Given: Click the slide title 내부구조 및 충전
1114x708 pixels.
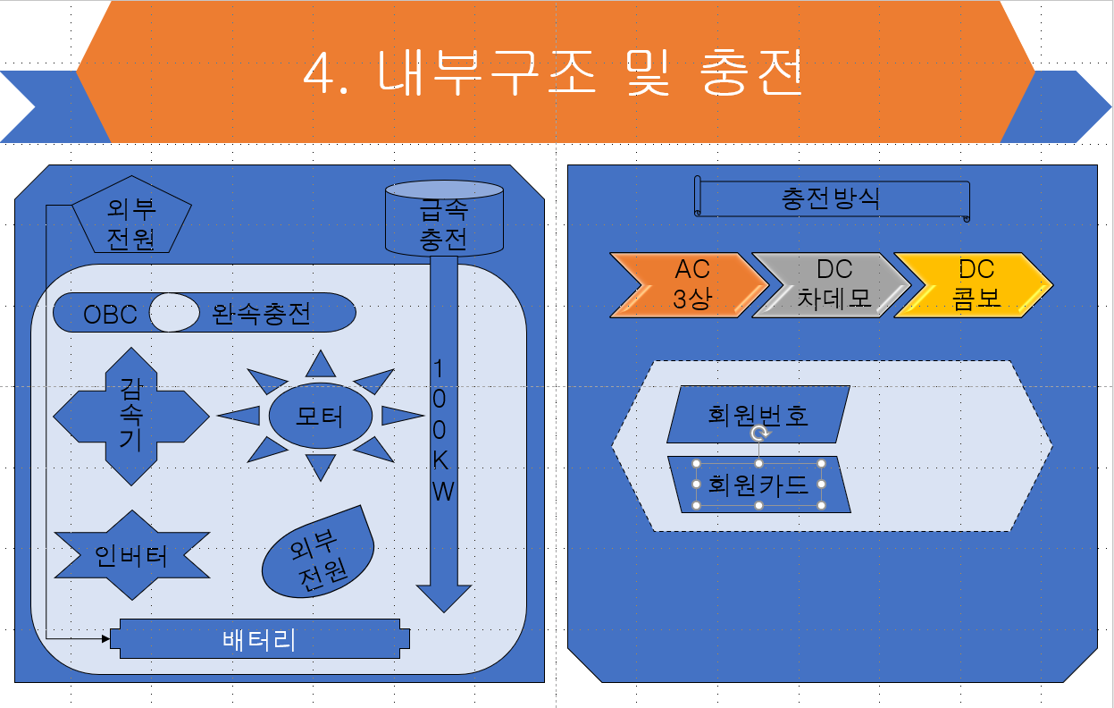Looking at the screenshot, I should [554, 73].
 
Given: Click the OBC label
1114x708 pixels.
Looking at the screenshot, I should [110, 315].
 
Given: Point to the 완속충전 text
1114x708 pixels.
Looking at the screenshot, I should [261, 315].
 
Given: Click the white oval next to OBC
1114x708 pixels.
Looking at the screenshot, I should [174, 313].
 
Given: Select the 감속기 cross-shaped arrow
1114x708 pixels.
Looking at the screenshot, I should [131, 417].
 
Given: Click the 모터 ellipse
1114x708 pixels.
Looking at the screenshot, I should [320, 416].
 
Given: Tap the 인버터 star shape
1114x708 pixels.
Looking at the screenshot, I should [131, 556].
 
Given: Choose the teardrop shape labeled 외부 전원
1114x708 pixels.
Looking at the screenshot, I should [318, 559].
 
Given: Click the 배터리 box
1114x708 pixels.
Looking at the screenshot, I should [259, 639].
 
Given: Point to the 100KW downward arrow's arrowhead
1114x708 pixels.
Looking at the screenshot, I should [444, 597].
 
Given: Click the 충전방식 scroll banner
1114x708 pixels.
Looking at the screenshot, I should [831, 198].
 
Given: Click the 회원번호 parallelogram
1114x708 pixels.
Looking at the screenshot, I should [758, 415].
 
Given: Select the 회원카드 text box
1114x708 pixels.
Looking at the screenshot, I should [758, 485].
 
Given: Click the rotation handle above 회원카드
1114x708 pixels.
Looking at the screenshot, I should [759, 434].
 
